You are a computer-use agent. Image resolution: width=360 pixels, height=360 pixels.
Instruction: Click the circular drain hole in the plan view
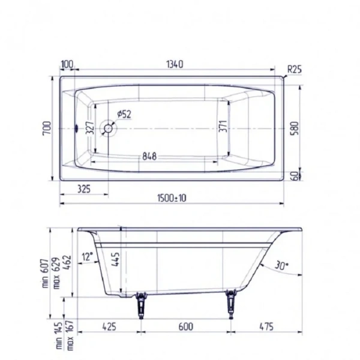(x=110, y=128)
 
